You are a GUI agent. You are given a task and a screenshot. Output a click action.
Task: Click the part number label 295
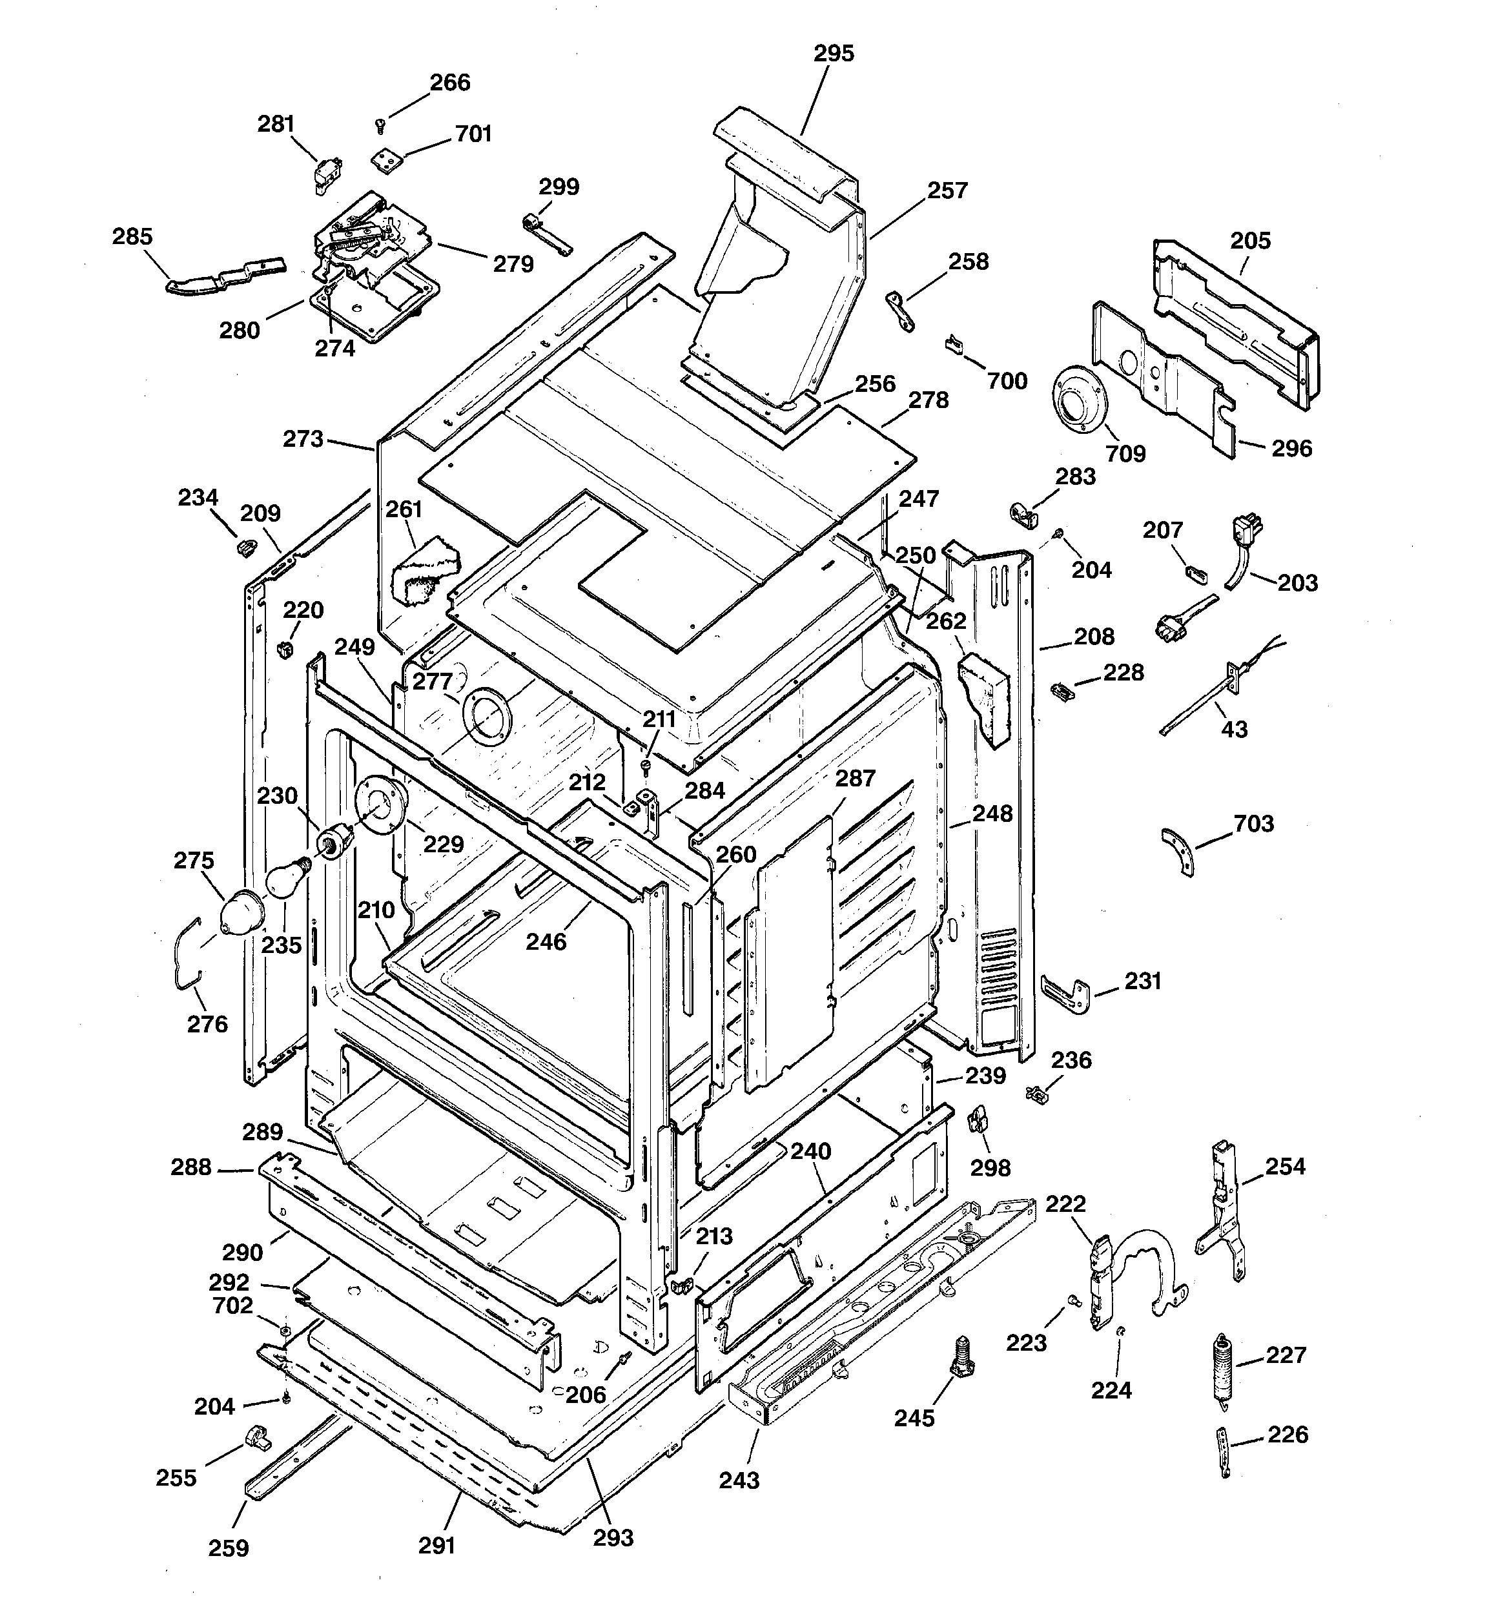point(833,53)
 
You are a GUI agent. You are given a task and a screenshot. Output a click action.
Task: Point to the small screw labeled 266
point(381,125)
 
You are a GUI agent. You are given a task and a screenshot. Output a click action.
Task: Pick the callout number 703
point(1253,824)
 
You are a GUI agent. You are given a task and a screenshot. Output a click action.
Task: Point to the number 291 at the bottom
point(436,1545)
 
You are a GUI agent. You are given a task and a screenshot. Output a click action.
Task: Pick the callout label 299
point(558,187)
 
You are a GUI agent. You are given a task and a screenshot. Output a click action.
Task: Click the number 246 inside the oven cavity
point(546,941)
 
